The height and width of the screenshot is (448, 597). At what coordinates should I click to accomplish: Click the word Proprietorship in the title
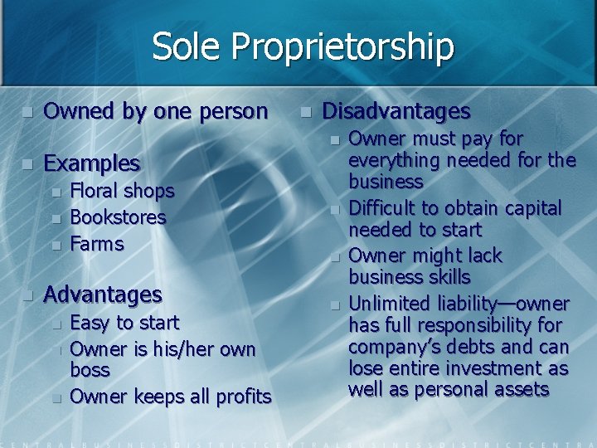coord(342,47)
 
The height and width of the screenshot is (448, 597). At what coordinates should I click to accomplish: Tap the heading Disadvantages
coord(396,110)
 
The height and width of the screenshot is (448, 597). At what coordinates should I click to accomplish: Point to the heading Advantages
coord(103,294)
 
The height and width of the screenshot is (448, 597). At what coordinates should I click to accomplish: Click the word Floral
coord(95,191)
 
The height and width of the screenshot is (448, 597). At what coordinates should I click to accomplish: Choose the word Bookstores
coord(119,217)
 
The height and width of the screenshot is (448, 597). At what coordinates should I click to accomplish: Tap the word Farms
coord(97,244)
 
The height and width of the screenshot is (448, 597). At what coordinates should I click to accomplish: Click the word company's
coord(391,347)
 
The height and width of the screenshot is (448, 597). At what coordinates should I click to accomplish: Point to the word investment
coord(498,368)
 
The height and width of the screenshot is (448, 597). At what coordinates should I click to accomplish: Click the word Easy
coord(90,322)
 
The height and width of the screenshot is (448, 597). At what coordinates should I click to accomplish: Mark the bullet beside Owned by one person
coord(27,111)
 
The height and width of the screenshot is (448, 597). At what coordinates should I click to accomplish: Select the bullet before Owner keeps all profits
coord(56,398)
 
